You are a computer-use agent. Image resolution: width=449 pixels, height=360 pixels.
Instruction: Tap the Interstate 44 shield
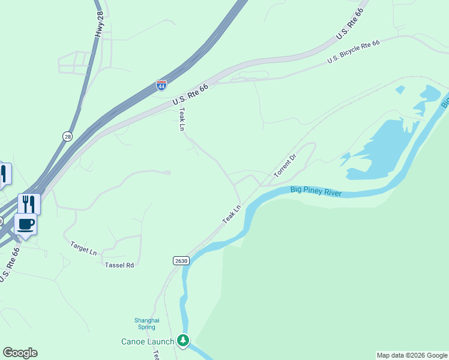(x=161, y=85)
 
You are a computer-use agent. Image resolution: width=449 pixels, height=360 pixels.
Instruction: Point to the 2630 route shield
(x=181, y=260)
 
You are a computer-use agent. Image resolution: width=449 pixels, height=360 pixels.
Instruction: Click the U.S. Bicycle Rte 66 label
(x=354, y=53)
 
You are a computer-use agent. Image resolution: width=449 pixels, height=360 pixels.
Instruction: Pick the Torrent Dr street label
(x=285, y=166)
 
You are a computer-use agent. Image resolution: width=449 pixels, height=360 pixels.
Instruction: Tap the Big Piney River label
(x=316, y=191)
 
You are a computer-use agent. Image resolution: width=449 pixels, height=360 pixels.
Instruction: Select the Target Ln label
(x=83, y=248)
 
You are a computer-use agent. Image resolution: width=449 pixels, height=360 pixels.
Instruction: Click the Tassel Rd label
(x=119, y=265)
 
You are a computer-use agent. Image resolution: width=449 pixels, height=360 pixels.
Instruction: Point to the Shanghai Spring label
(x=146, y=324)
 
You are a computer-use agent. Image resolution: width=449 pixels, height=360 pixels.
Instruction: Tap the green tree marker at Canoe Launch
(x=183, y=341)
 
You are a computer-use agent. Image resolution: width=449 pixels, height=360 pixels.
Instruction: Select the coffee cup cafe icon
(x=25, y=225)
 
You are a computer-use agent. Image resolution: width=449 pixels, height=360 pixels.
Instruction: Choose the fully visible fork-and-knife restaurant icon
(x=29, y=204)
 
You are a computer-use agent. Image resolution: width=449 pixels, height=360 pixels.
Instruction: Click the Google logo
(x=20, y=353)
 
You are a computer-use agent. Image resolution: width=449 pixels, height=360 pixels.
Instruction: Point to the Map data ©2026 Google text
(x=412, y=355)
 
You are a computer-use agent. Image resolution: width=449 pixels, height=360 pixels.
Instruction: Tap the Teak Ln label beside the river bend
(x=231, y=215)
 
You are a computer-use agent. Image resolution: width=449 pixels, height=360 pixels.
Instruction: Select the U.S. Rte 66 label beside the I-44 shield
(x=190, y=95)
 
